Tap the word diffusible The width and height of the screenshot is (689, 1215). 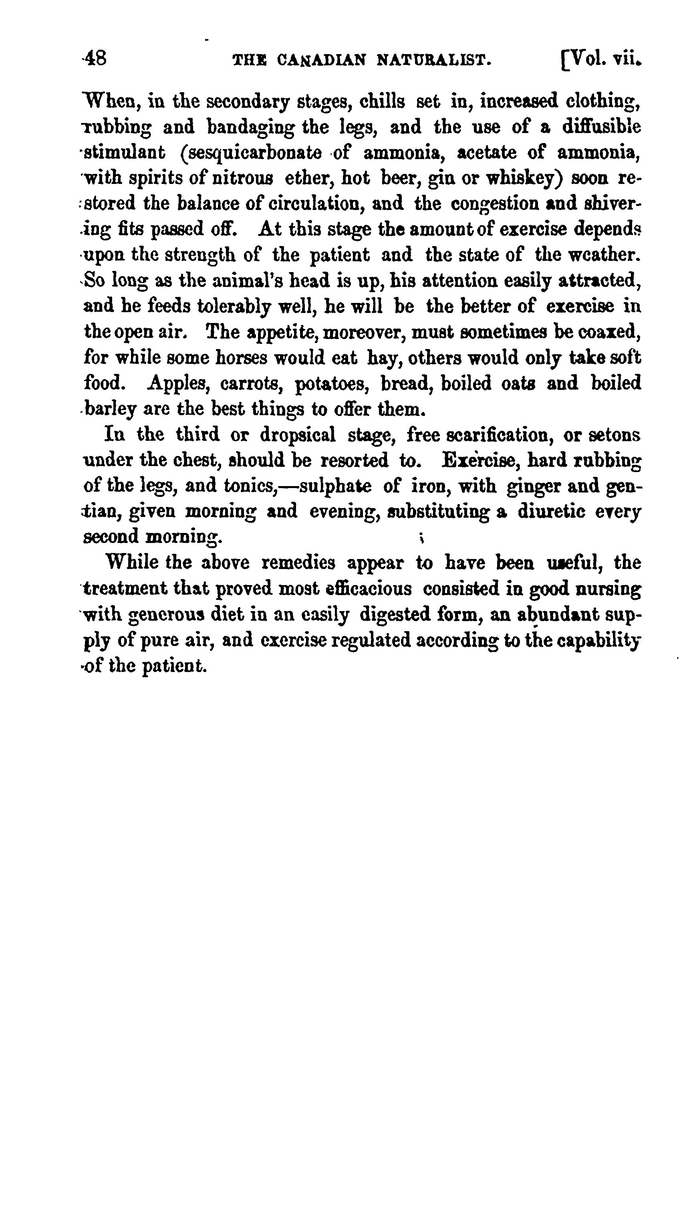coord(601,127)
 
